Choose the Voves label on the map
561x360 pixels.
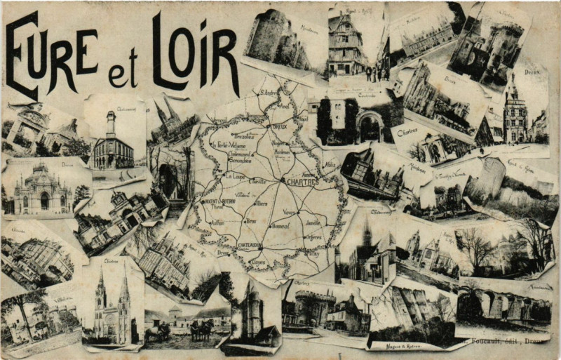[289, 211]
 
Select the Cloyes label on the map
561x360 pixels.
[259, 262]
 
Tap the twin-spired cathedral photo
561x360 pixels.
[113, 305]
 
